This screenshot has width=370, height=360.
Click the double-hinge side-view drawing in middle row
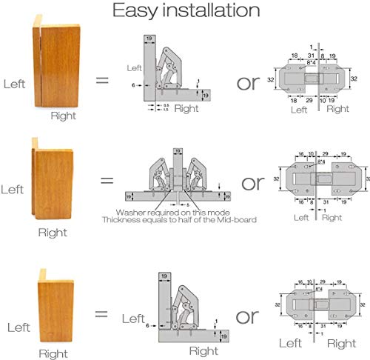tap(178, 178)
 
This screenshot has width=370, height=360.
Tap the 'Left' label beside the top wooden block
tap(15, 84)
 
